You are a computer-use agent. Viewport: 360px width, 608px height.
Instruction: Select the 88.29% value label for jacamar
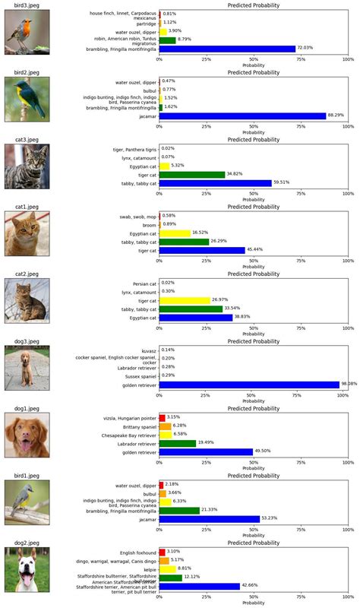336,116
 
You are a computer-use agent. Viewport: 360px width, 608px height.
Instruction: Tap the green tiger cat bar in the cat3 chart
191,174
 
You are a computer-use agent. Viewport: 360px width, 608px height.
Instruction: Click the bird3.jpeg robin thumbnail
27,33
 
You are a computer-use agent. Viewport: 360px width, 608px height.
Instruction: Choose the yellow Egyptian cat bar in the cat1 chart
174,233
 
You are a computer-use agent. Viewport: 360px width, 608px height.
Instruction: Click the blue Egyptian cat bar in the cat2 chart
195,318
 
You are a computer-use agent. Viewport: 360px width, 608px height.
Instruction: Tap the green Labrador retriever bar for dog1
177,443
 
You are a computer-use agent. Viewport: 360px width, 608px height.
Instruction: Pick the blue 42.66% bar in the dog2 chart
199,586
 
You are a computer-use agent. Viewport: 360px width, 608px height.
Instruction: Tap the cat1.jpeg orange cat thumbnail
27,234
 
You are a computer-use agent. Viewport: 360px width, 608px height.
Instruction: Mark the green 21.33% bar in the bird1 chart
178,510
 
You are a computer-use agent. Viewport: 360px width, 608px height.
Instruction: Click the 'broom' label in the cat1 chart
147,224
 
